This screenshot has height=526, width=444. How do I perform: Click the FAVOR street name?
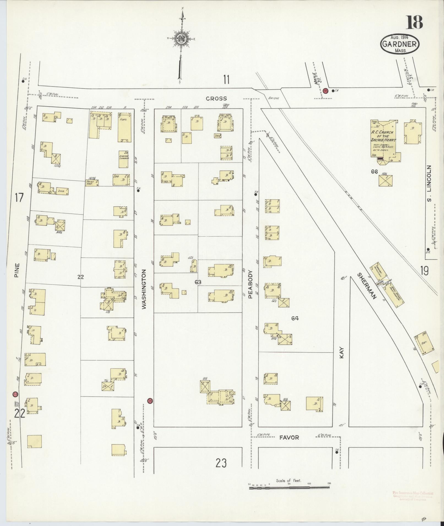[x=289, y=437]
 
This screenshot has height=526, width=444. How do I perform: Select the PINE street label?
[x=17, y=270]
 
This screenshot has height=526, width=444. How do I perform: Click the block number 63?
[x=198, y=282]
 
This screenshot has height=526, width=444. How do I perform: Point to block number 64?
[x=295, y=319]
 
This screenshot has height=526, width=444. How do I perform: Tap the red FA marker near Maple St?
[x=326, y=91]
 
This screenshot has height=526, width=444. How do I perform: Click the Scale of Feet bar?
[x=289, y=295]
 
